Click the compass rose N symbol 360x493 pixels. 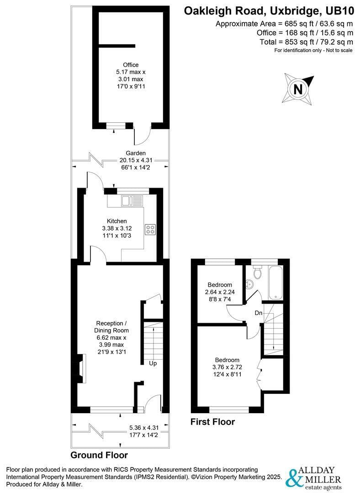pyautogui.click(x=299, y=89)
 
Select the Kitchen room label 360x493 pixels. pyautogui.click(x=117, y=221)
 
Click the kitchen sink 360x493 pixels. pyautogui.click(x=132, y=200)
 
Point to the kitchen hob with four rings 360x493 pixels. pyautogui.click(x=150, y=229)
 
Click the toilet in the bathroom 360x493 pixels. pyautogui.click(x=257, y=273)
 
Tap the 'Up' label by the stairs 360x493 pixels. pyautogui.click(x=153, y=363)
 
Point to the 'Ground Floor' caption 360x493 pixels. pyautogui.click(x=99, y=455)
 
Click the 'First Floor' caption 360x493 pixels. pyautogui.click(x=212, y=422)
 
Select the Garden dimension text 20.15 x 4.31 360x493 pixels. pyautogui.click(x=136, y=161)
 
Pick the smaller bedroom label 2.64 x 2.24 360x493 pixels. pyautogui.click(x=219, y=292)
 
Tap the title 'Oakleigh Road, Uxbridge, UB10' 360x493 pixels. pyautogui.click(x=268, y=11)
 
